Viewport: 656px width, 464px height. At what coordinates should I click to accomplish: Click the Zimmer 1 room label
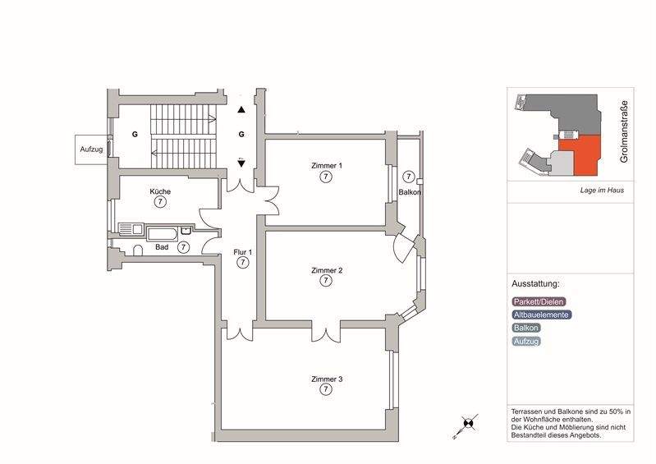(326, 165)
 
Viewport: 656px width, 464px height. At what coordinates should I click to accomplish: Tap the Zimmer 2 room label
(326, 270)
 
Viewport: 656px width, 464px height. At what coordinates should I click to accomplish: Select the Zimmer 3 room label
(326, 379)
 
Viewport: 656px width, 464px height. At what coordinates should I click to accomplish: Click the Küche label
(160, 191)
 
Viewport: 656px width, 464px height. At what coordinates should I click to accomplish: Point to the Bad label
(162, 246)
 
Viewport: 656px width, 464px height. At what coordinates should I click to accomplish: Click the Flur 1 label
(243, 252)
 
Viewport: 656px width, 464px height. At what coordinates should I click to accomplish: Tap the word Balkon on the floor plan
(410, 192)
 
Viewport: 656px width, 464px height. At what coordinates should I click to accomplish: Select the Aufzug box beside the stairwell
(91, 149)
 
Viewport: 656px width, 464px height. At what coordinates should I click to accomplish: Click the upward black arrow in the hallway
(241, 109)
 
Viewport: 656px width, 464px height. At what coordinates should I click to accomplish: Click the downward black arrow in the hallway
(241, 163)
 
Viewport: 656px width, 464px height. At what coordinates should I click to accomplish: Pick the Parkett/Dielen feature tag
(539, 301)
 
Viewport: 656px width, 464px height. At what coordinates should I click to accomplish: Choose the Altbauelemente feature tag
(541, 315)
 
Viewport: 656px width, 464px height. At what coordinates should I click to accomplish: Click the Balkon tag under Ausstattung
(526, 328)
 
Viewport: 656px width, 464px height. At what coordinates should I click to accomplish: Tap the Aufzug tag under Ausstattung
(526, 341)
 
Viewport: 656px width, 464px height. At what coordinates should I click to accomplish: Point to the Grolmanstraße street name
(624, 131)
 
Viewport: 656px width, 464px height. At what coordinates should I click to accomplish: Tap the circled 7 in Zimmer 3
(326, 390)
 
